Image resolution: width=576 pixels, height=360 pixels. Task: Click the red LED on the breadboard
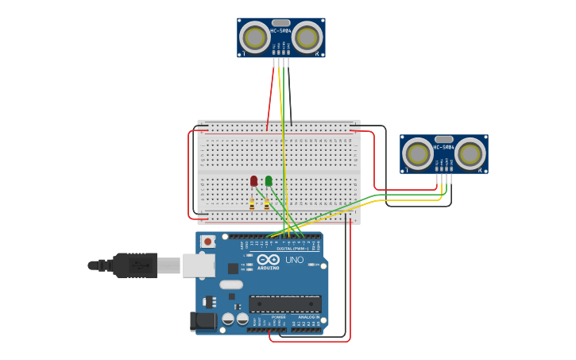[x=253, y=181]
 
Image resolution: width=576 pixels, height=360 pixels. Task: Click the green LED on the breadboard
[x=269, y=181]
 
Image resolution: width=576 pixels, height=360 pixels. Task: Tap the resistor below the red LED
[x=252, y=203]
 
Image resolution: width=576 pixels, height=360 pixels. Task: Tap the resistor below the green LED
[x=267, y=203]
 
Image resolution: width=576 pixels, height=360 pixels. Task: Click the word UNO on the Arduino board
[x=294, y=260]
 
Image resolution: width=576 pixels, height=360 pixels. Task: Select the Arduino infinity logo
[x=268, y=260]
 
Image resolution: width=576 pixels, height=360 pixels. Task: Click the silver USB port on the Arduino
[x=199, y=265]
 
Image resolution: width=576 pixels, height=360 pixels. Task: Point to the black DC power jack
[x=203, y=321]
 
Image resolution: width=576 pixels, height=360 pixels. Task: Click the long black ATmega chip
[x=285, y=304]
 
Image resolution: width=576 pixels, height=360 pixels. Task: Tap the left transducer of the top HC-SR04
[x=255, y=37]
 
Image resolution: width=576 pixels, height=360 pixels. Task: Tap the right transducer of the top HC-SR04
[x=307, y=37]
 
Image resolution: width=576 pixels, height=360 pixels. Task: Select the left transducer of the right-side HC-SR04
[x=417, y=154]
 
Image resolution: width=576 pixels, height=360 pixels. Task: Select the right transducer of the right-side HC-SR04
[x=470, y=154]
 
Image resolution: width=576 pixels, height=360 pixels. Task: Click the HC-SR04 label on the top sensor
[x=280, y=31]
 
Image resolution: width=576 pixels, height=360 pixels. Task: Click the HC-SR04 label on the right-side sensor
[x=443, y=147]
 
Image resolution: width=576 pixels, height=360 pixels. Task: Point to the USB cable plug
[x=135, y=265]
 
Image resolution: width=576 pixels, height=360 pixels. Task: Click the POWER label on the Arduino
[x=278, y=316]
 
